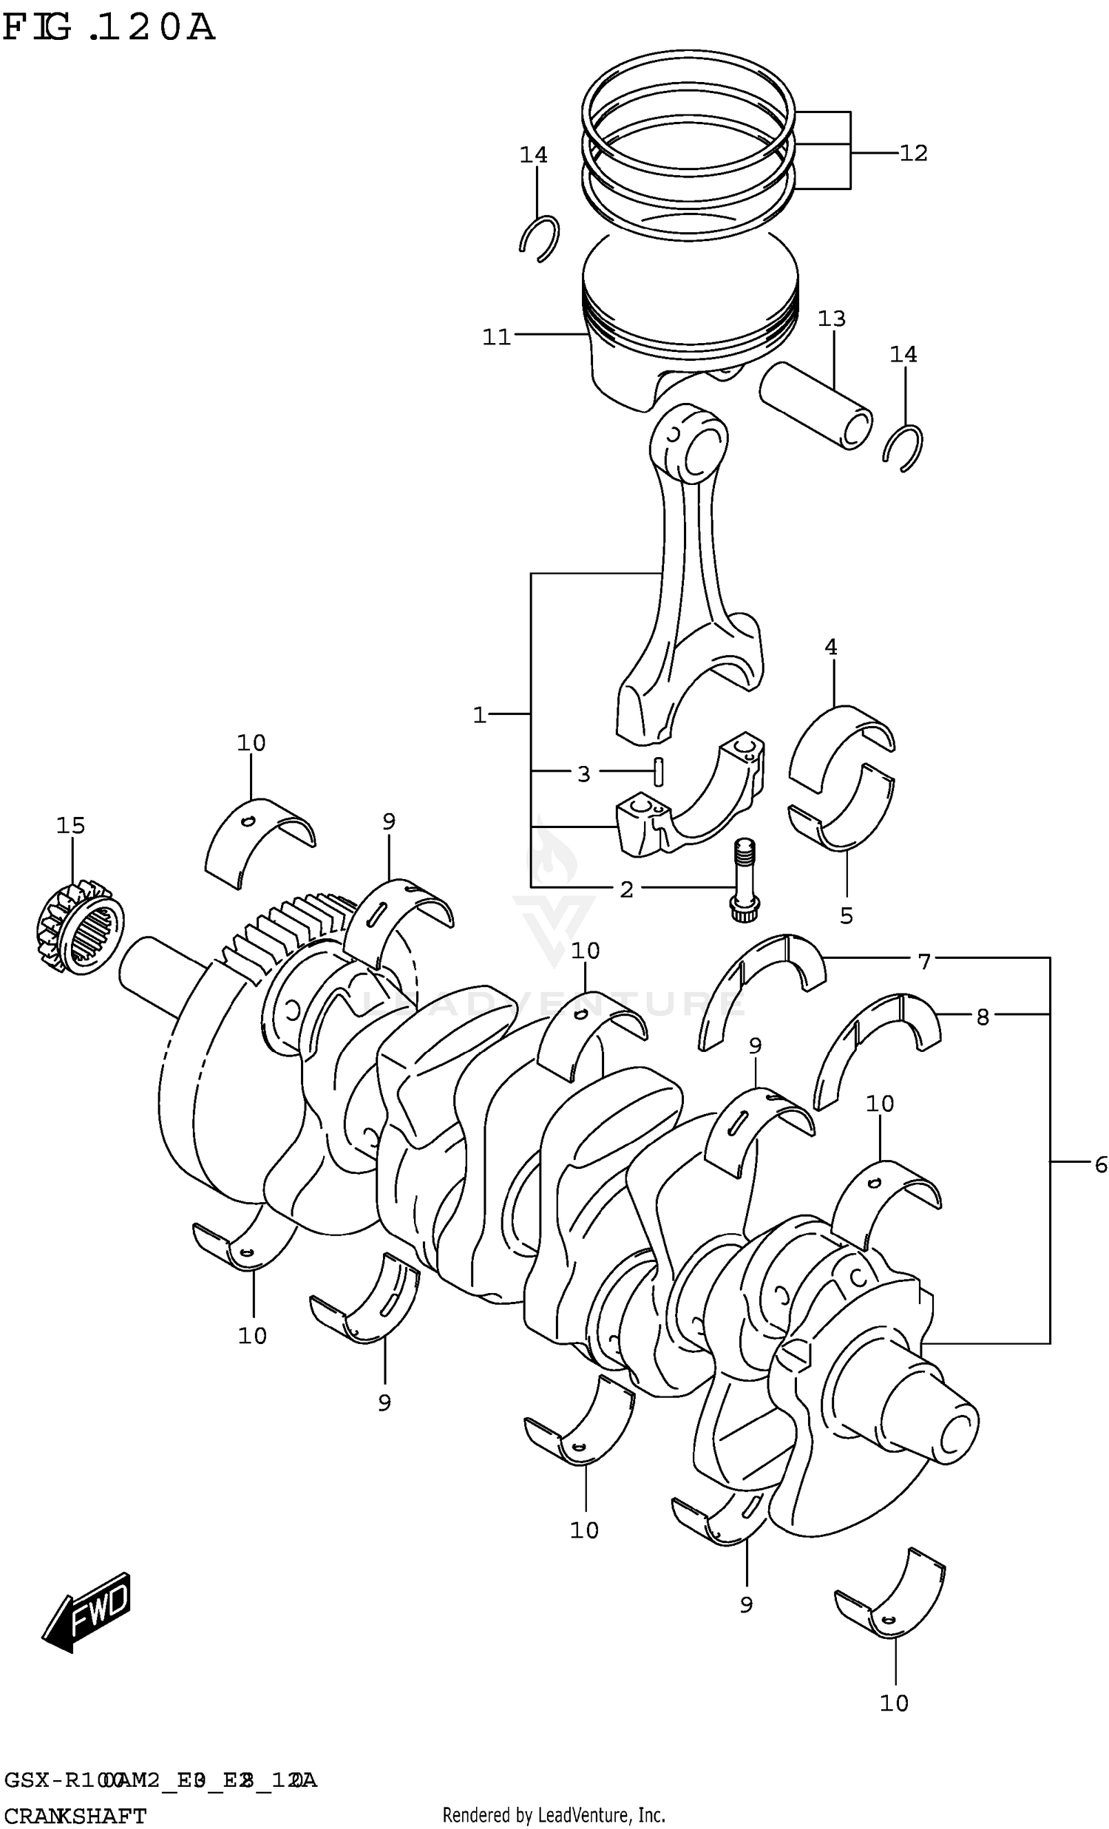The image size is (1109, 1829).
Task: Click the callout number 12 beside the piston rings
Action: coord(913,153)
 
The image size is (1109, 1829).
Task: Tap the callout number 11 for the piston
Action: coord(496,337)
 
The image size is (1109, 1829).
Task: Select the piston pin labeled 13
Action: coord(815,404)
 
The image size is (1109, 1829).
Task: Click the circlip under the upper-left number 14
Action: coord(539,237)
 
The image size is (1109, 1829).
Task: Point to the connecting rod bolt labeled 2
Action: coord(744,880)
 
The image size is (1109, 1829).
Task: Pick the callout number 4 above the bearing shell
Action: coord(830,648)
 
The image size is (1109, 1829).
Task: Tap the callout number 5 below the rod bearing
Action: coord(847,915)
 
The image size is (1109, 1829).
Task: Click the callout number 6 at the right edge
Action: coord(1100,1164)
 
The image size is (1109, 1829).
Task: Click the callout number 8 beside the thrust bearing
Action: coord(982,1017)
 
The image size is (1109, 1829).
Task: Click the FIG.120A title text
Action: coord(109,28)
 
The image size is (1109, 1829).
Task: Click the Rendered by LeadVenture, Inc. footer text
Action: coord(554,1815)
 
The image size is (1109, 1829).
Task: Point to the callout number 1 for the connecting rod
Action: coord(480,715)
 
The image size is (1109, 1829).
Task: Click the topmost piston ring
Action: coord(687,85)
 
